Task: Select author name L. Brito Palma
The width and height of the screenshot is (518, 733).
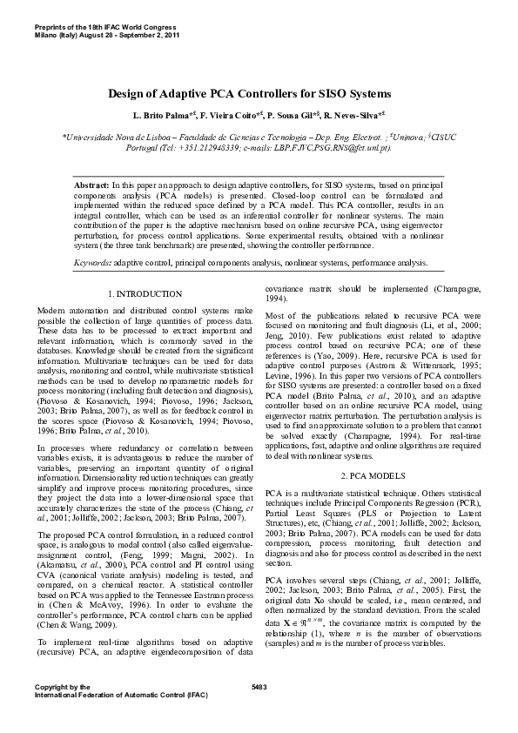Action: pos(159,115)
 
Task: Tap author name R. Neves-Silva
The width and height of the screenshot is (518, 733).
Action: pos(353,115)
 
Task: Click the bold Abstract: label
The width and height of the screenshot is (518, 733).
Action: pos(91,187)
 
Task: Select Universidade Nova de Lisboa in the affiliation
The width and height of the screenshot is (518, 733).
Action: pos(112,137)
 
